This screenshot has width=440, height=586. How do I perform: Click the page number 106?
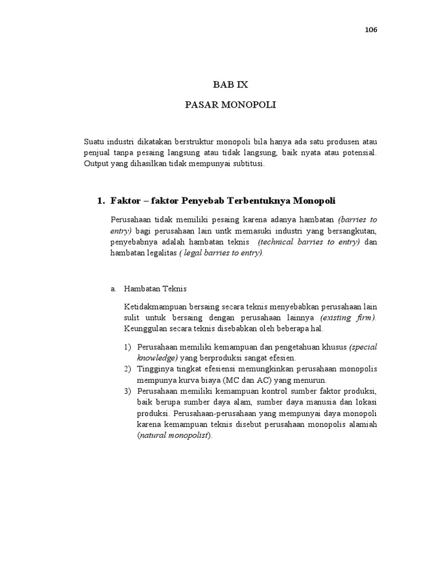pyautogui.click(x=371, y=30)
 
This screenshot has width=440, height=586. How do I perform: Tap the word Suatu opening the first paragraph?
pyautogui.click(x=95, y=141)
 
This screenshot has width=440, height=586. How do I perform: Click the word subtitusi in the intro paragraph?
pyautogui.click(x=246, y=163)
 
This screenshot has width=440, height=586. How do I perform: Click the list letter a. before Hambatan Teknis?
pyautogui.click(x=113, y=289)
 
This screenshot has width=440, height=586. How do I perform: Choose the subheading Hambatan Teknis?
pyautogui.click(x=155, y=289)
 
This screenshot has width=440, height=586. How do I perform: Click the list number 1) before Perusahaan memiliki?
pyautogui.click(x=127, y=347)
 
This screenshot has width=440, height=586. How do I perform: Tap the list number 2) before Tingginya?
pyautogui.click(x=127, y=369)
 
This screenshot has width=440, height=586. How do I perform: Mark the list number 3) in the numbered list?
pyautogui.click(x=127, y=391)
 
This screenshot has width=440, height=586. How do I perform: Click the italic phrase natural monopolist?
pyautogui.click(x=174, y=435)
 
